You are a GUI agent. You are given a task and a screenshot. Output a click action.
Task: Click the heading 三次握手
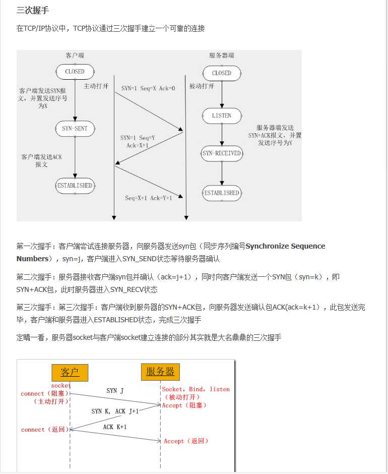[33, 10]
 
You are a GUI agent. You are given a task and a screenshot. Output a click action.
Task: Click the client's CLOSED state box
[75, 72]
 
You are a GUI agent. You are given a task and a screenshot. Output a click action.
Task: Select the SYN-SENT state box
[75, 129]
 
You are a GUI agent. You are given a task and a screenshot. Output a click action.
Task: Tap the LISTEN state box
[222, 115]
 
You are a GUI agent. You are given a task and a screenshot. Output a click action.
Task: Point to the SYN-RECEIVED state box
[222, 153]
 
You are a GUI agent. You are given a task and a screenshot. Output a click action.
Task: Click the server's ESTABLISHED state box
[222, 193]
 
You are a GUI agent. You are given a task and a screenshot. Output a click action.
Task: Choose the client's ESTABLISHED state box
[75, 186]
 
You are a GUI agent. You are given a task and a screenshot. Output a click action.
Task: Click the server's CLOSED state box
[222, 73]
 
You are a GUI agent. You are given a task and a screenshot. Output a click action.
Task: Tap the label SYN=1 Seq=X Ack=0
[148, 88]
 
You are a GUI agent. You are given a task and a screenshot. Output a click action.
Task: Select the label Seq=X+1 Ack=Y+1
[149, 198]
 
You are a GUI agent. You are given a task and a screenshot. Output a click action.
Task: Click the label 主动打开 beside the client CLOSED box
[96, 86]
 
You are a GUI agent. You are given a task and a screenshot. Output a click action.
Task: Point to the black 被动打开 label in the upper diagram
[202, 86]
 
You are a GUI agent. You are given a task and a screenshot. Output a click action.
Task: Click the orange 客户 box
[70, 373]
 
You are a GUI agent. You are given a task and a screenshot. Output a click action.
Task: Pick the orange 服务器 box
[160, 372]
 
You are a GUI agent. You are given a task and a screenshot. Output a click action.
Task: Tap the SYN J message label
[115, 391]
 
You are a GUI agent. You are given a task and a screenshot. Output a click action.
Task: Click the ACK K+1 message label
[115, 427]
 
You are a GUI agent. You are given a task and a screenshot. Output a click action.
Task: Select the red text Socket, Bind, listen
[196, 389]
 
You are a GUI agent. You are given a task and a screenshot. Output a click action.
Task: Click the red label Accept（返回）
[186, 441]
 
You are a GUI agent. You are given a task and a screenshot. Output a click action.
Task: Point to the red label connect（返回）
[44, 430]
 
